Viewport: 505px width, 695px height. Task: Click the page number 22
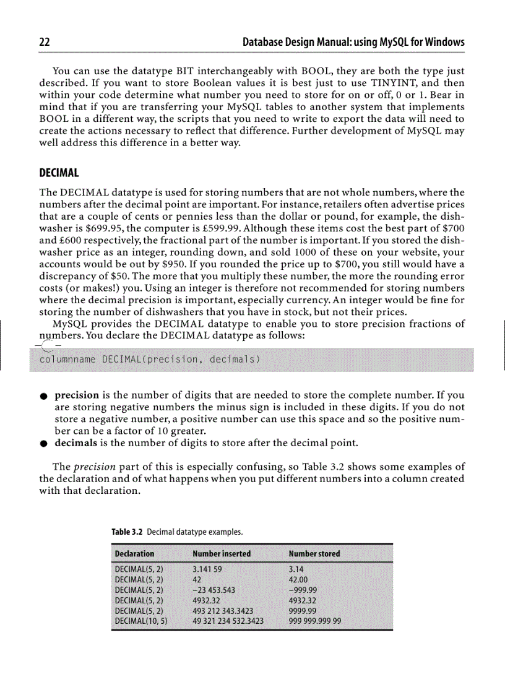point(45,42)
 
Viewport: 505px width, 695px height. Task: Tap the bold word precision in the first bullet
point(77,395)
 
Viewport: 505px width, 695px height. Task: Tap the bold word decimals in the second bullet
point(77,443)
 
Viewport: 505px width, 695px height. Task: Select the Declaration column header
point(135,553)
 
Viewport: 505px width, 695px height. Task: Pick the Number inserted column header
point(222,553)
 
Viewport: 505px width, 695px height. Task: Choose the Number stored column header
point(314,553)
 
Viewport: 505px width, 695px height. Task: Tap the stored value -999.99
point(304,590)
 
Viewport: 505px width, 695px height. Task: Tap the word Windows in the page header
point(443,42)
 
